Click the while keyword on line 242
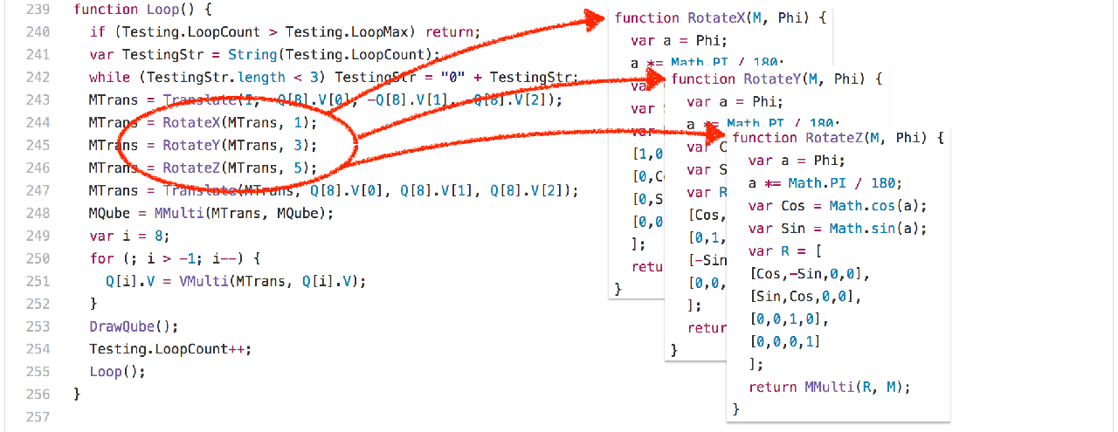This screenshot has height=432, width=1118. click(x=107, y=78)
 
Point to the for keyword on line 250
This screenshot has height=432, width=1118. click(x=100, y=258)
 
